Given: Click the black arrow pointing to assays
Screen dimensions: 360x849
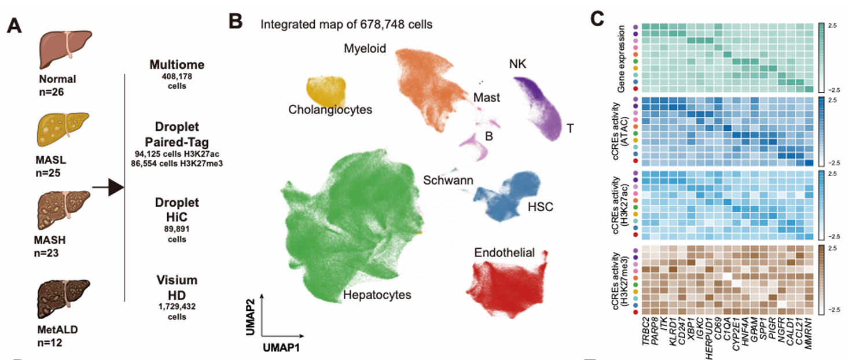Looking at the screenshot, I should pos(109,188).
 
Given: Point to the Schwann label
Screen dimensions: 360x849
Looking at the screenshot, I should pos(448,180).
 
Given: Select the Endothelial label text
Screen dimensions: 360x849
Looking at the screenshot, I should pos(504,252).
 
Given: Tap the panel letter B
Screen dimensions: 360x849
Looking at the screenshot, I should pos(236,21).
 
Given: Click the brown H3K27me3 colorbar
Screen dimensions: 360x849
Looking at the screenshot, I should pos(823,280).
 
